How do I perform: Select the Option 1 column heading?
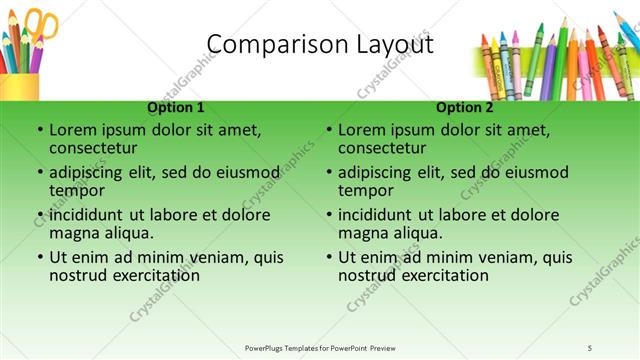coord(176,107)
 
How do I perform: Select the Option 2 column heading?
coord(464,107)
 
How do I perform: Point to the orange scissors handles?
coord(43,24)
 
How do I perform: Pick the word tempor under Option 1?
coord(76,191)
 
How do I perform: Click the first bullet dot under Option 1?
coord(40,131)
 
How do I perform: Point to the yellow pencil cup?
coord(20,86)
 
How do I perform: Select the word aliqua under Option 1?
coord(126,233)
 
